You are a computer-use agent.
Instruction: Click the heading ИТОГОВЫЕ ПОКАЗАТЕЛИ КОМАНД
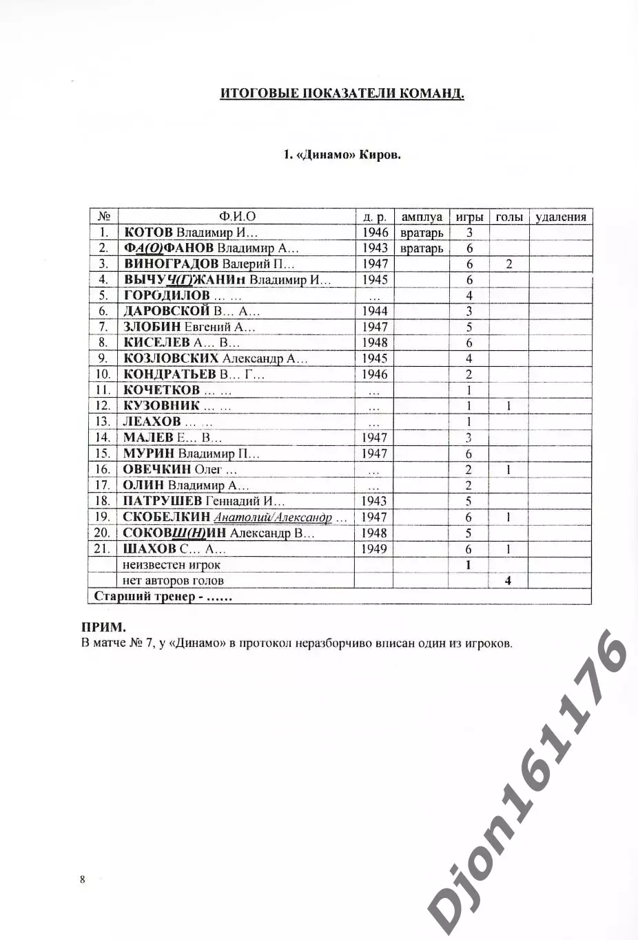click(342, 94)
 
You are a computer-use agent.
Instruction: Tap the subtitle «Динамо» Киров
click(342, 154)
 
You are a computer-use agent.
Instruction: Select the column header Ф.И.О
click(237, 217)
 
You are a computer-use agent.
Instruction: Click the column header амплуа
click(421, 217)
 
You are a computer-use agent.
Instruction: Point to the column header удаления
click(560, 217)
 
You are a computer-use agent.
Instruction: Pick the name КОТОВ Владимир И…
click(190, 233)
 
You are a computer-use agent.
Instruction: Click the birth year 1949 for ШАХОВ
click(374, 549)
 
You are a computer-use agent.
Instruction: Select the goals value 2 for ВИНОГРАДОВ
click(508, 264)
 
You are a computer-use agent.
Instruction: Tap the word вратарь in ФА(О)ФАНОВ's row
click(421, 248)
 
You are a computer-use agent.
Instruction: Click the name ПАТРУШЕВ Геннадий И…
click(203, 501)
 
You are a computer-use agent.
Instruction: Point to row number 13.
click(103, 422)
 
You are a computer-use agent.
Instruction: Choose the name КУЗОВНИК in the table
click(161, 406)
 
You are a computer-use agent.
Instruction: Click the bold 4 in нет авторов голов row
click(508, 581)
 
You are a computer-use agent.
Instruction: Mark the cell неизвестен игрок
click(172, 565)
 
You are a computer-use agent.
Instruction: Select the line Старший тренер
click(163, 597)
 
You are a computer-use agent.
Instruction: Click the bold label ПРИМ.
click(103, 628)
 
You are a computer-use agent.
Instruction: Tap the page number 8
click(83, 879)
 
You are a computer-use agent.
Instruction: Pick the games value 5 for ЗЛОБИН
click(469, 328)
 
